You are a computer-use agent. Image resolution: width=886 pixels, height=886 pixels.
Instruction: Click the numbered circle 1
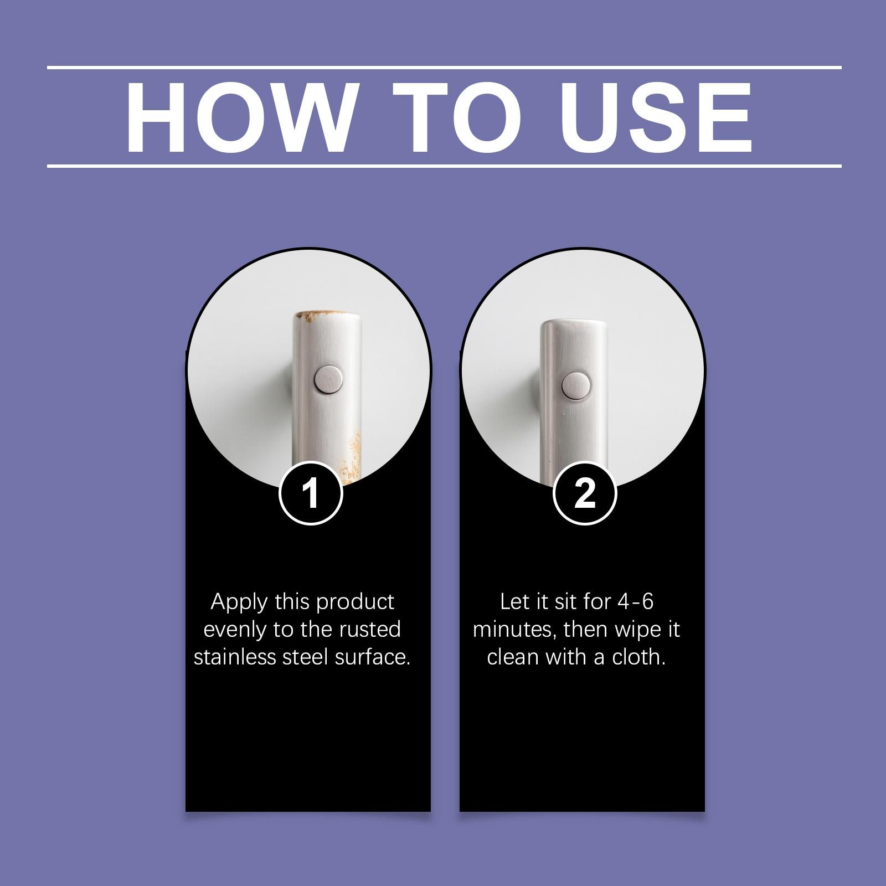(x=311, y=492)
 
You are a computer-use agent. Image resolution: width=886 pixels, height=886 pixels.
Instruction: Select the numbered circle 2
(x=585, y=492)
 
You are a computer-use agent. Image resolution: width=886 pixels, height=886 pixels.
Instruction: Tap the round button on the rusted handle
(x=328, y=379)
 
